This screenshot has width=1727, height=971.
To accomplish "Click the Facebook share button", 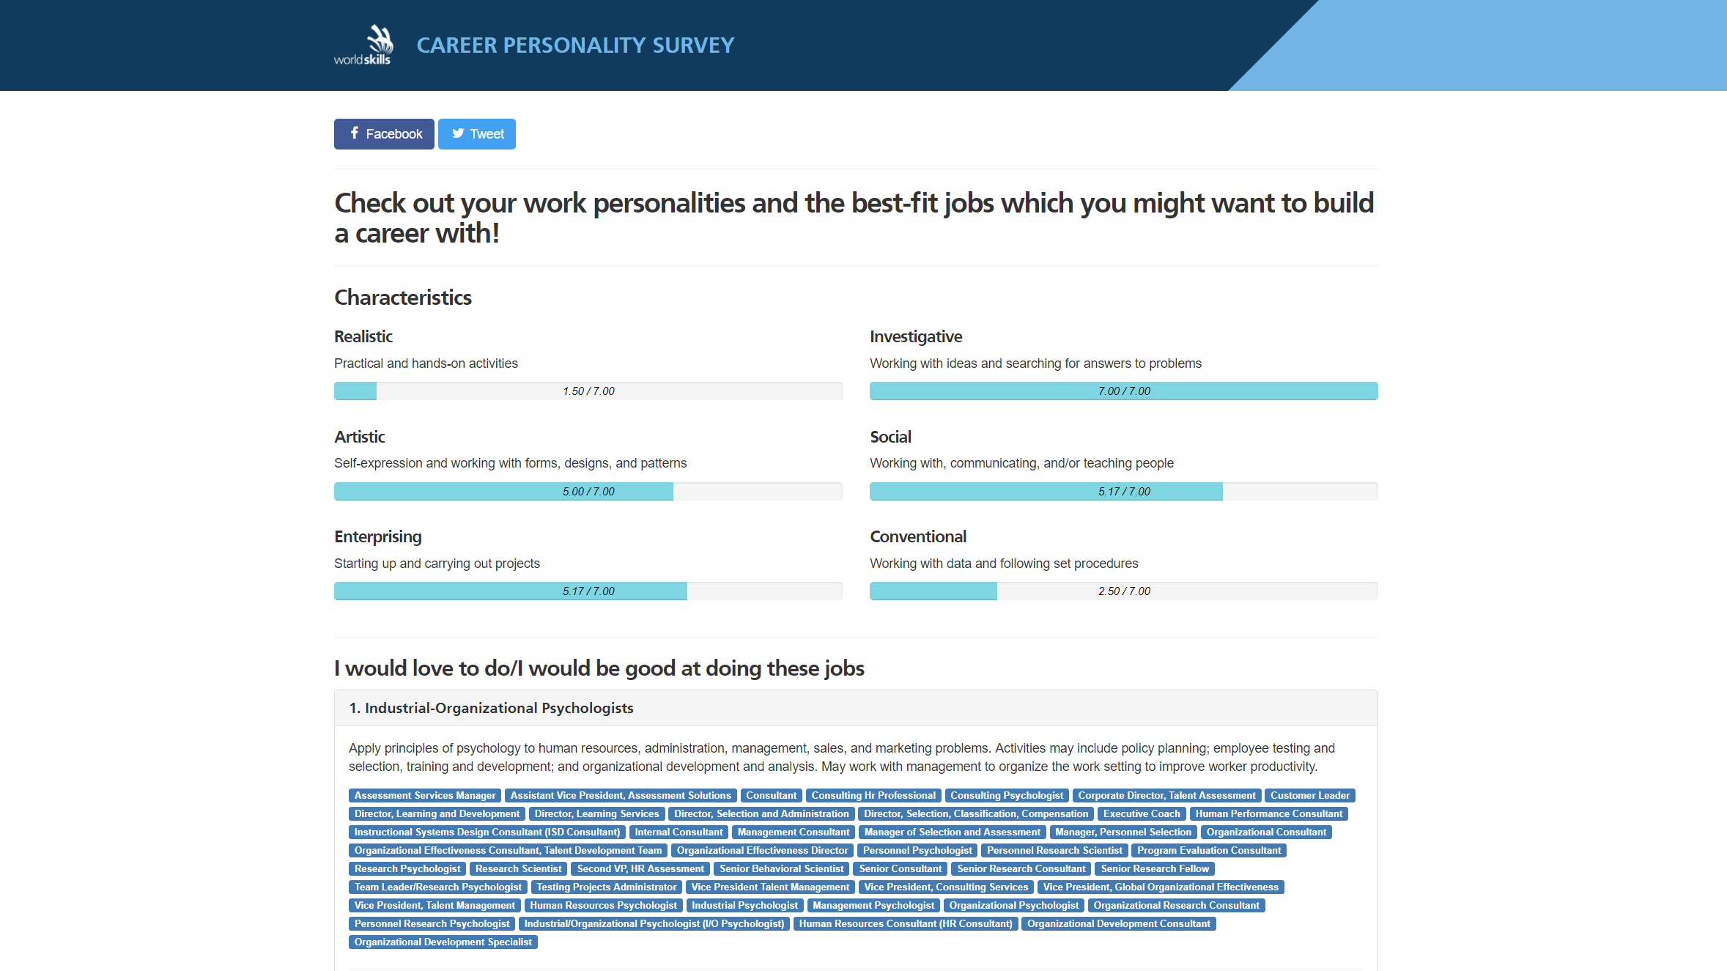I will click(384, 134).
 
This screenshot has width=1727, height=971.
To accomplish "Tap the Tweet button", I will click(477, 134).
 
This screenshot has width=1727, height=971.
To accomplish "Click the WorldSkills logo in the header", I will click(363, 45).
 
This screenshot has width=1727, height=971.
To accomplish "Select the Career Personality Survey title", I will click(575, 45).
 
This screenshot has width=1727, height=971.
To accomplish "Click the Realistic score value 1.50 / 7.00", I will click(588, 391).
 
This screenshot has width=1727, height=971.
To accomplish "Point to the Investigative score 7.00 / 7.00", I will click(1124, 391).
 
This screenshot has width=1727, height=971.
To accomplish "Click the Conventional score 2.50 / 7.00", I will click(1124, 591).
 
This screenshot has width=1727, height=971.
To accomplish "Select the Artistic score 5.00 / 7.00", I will click(588, 492).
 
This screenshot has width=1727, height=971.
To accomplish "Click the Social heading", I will click(890, 437).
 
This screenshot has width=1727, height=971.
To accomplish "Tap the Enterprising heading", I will click(377, 536).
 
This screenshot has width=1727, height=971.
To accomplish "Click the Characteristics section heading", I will click(403, 298).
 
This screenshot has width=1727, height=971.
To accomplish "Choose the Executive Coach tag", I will click(1142, 813).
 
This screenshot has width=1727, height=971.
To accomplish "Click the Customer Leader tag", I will click(1309, 795).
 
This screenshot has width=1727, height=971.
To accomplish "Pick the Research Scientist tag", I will click(518, 868).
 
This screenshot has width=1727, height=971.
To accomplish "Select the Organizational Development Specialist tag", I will click(443, 942).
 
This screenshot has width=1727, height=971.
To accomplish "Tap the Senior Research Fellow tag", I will click(1155, 868).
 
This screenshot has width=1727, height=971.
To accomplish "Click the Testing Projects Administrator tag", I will click(606, 887).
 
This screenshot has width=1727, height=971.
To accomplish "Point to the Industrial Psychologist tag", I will click(744, 905).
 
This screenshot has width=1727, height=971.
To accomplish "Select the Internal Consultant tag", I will click(678, 832).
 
